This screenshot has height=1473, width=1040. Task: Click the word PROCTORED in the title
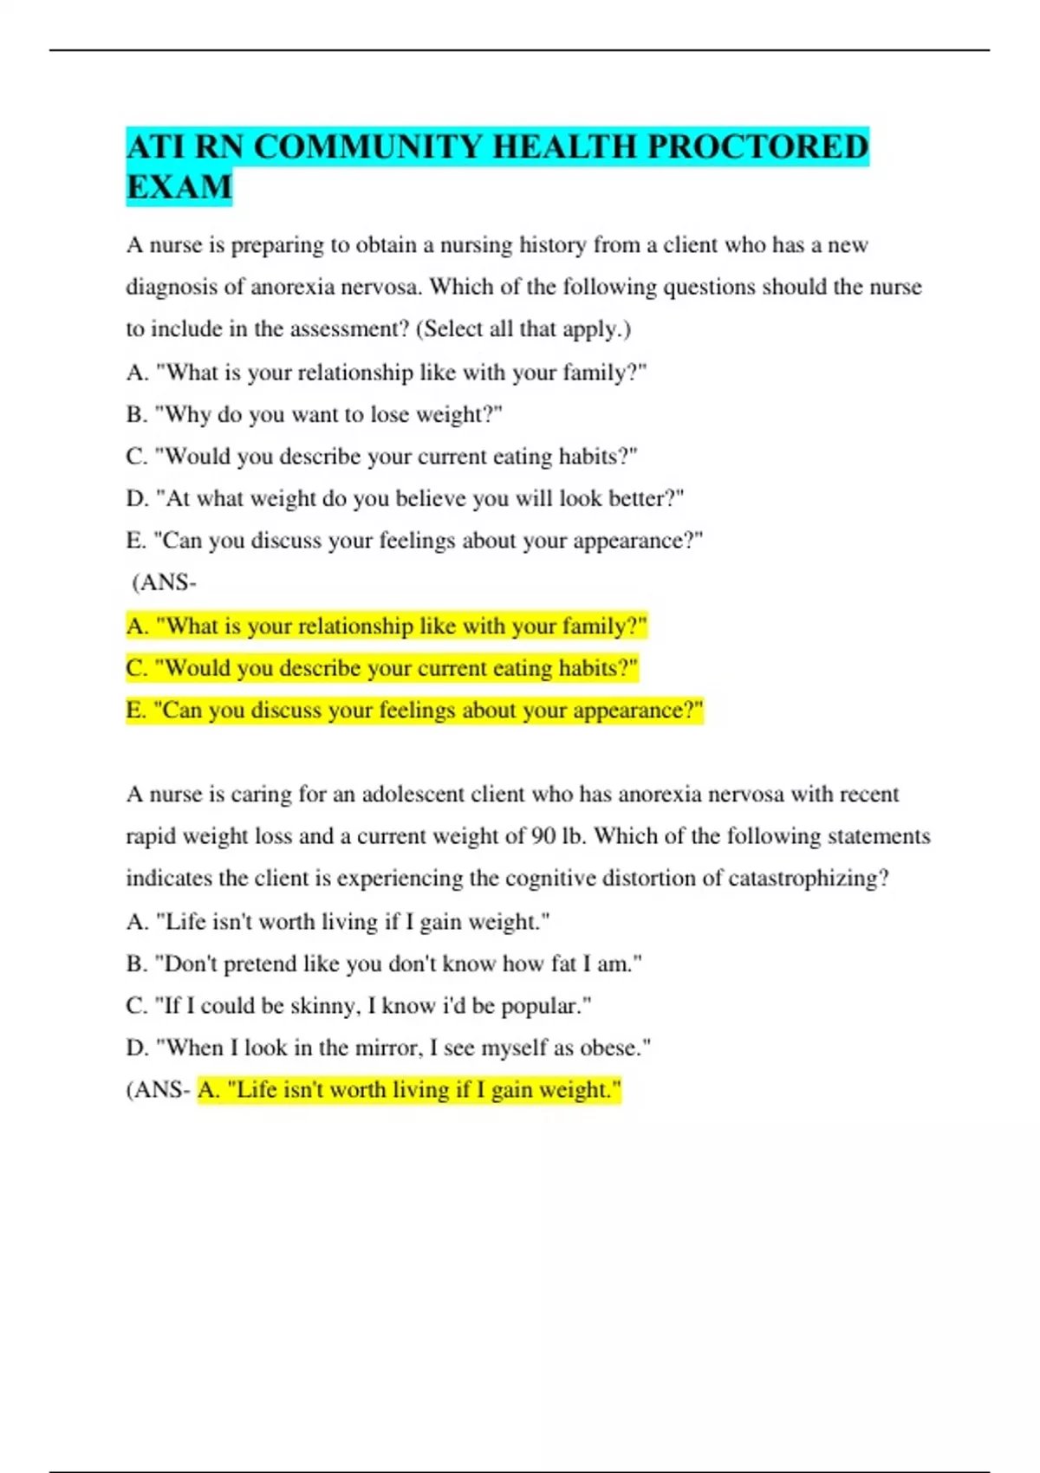pos(757,146)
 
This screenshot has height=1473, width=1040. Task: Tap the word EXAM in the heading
pos(179,187)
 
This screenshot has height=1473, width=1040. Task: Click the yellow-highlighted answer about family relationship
pos(387,626)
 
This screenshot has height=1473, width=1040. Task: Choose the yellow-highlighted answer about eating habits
pos(382,668)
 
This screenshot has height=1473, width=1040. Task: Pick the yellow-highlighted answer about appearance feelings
pos(414,711)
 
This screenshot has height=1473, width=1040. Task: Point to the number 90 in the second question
pos(543,836)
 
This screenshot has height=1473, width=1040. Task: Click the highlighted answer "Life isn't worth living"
pos(409,1089)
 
